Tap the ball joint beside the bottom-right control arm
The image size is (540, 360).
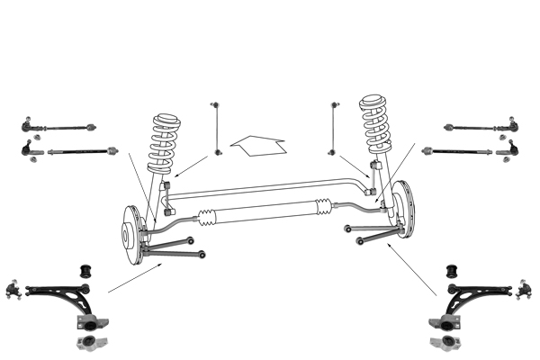click(x=521, y=290)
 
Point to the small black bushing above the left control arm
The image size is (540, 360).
click(x=88, y=268)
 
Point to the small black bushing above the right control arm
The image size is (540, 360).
click(x=453, y=268)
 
